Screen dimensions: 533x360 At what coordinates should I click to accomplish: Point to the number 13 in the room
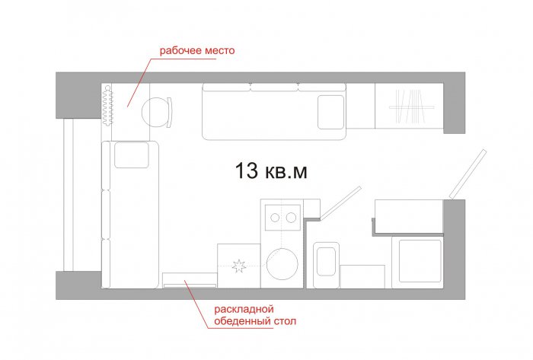[x=247, y=170]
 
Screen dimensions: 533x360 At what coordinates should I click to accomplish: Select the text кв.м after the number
[x=286, y=171]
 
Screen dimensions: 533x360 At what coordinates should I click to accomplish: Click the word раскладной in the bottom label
[x=244, y=310]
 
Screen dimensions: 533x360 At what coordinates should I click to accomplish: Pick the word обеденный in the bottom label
[x=241, y=321]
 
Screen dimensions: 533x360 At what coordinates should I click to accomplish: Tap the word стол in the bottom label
[x=284, y=321]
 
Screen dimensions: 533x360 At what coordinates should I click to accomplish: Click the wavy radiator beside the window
[x=107, y=106]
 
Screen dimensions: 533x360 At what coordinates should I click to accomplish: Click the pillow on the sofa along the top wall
[x=330, y=112]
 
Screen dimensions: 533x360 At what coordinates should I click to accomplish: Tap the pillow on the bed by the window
[x=132, y=155]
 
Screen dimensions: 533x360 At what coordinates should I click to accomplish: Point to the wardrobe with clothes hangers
[x=409, y=106]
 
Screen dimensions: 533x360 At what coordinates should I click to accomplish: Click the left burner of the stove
[x=275, y=218]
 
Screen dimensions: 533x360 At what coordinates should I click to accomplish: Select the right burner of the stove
[x=291, y=218]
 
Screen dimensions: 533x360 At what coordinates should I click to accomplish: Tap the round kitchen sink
[x=282, y=264]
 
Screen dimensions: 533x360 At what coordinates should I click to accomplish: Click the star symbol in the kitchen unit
[x=239, y=266]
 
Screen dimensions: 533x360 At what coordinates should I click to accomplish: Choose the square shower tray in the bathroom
[x=417, y=262]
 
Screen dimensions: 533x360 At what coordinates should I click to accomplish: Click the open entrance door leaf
[x=468, y=174]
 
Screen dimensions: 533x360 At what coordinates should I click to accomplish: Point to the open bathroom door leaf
[x=340, y=202]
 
